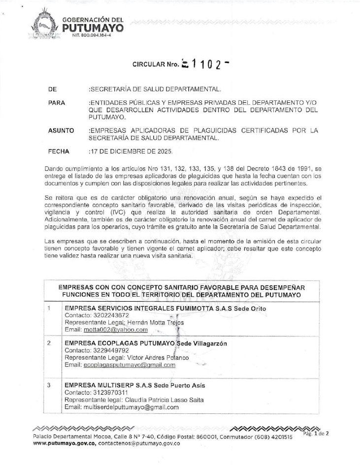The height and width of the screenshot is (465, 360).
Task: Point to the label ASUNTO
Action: [x=61, y=131]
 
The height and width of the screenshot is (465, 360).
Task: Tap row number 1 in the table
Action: [x=50, y=309]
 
